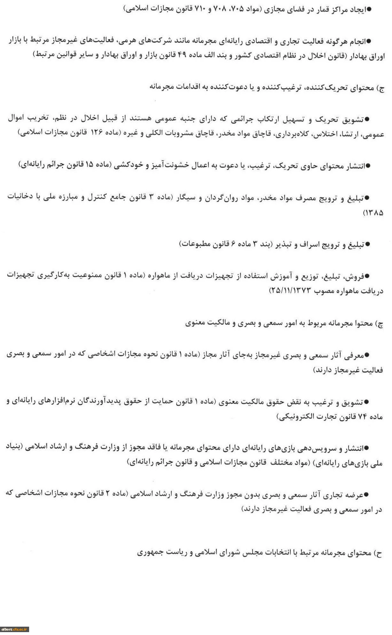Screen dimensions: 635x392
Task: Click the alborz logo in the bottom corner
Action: [x=15, y=629]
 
